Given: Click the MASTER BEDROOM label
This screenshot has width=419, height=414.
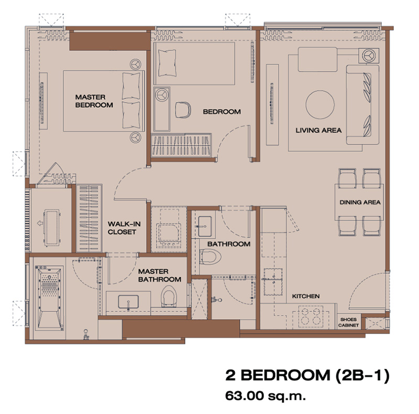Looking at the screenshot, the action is [x=94, y=101].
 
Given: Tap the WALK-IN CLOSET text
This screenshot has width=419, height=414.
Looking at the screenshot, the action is [x=124, y=228].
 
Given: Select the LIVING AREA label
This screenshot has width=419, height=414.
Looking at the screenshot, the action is [x=318, y=130].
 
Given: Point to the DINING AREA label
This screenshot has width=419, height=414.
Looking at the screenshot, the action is [x=360, y=202].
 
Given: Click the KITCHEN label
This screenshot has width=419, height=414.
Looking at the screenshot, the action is [x=306, y=296].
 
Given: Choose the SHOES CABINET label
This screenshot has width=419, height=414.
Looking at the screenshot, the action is [x=348, y=322].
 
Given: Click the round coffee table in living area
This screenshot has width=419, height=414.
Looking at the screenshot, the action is [x=320, y=105].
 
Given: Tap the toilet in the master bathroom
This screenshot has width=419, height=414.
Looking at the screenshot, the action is [x=169, y=296].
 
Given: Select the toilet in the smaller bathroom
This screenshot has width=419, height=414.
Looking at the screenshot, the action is [x=211, y=256].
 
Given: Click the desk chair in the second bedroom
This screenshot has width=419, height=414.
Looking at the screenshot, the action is [x=183, y=110].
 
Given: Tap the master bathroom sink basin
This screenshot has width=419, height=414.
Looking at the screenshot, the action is [x=128, y=302].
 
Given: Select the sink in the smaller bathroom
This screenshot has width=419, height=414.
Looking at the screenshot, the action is [x=205, y=227].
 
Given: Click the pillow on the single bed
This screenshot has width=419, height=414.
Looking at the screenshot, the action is [x=167, y=63].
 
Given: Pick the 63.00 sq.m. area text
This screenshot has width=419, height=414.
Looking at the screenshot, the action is [x=266, y=396].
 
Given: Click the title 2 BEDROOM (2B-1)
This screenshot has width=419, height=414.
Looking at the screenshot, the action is [x=307, y=376].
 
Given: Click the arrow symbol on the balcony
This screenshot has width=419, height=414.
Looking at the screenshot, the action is [x=40, y=223].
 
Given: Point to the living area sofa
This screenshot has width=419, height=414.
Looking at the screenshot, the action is [x=362, y=105].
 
